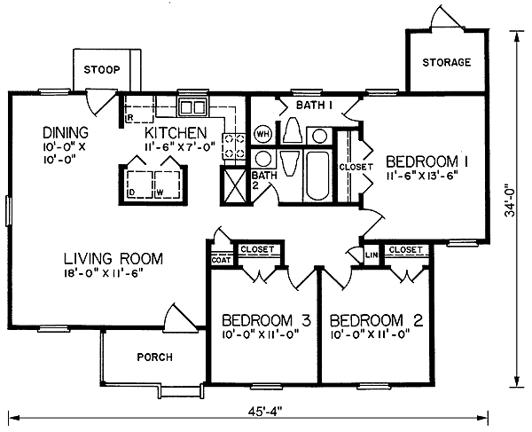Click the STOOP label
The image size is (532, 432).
[x=102, y=70]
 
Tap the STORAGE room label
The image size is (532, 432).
[x=447, y=62]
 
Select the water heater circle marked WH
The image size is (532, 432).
[x=263, y=133]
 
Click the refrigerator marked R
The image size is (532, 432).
[x=139, y=109]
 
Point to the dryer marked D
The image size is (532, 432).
[x=140, y=185]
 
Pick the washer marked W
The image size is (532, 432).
[x=168, y=185]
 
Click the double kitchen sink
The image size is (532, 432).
[x=192, y=107]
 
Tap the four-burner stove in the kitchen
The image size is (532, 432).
[x=234, y=146]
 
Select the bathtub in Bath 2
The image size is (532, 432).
[x=317, y=177]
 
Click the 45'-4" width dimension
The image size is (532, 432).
[x=265, y=412]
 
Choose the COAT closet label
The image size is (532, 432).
[x=222, y=260]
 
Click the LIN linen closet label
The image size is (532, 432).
[x=372, y=255]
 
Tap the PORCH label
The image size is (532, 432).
[x=154, y=357]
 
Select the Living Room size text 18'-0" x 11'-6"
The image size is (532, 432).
[x=102, y=273]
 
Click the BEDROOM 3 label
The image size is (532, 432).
[x=266, y=320]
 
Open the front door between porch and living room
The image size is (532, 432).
[x=180, y=317]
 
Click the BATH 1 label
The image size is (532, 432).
[x=314, y=106]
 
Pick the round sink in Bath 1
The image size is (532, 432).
[x=319, y=137]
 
